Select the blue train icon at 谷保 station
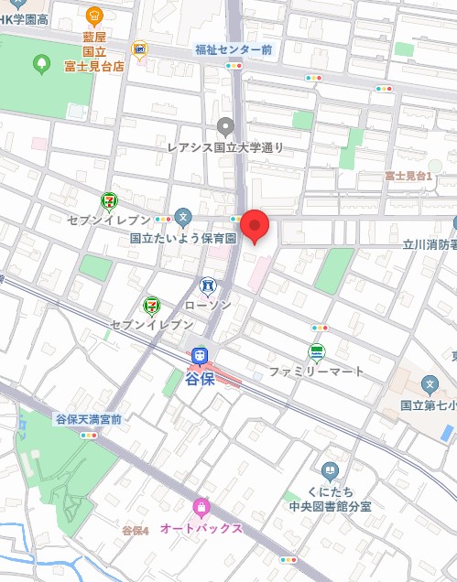pos(200,356)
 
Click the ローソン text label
pos(208,305)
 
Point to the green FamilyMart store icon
pos(316,352)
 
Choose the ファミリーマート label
pos(316,372)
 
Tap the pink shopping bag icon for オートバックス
pos(201,507)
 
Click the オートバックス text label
pos(201,528)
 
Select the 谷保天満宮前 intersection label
pos(88,418)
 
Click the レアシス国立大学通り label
pos(225,146)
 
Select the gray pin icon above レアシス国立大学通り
pos(225,126)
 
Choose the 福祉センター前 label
pos(234,49)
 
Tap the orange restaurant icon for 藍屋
pos(94,15)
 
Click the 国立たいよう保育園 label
pos(183,238)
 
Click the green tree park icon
pos(40,63)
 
